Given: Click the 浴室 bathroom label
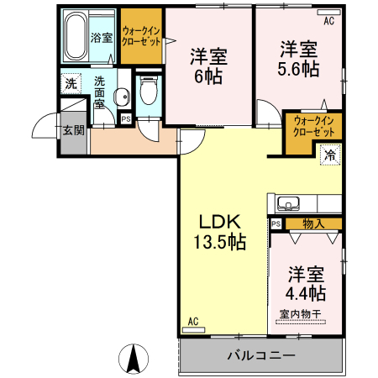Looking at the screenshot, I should (x=102, y=38).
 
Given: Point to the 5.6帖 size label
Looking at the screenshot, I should (x=300, y=70).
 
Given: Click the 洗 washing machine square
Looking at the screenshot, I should (x=71, y=83).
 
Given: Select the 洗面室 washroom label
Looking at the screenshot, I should (x=100, y=93).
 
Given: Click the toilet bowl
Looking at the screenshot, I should (x=150, y=92).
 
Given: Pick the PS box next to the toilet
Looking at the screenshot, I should (x=126, y=119).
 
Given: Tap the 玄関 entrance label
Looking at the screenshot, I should (x=73, y=130).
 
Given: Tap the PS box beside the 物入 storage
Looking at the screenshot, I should (x=276, y=223).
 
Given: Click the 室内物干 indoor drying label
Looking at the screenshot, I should (x=300, y=314).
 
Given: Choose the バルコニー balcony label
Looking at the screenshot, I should (x=261, y=355).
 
